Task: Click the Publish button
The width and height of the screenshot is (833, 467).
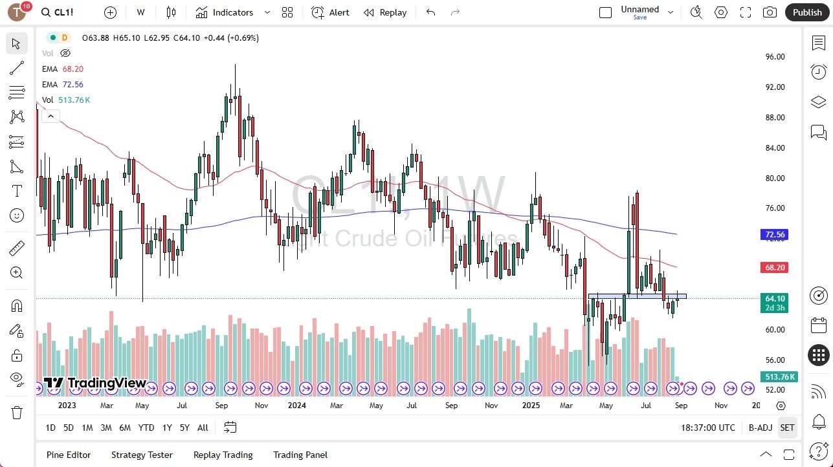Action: [x=806, y=12]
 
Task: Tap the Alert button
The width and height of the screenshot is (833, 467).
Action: [x=330, y=12]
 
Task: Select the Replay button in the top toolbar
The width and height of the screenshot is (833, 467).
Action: [x=385, y=12]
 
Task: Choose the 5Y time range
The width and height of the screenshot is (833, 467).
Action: [x=184, y=428]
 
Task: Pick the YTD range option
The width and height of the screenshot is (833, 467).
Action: [x=146, y=428]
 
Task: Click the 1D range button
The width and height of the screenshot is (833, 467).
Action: [x=50, y=428]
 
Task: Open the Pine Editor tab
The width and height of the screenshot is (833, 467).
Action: [x=69, y=455]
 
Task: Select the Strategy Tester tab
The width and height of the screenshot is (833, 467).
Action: [x=142, y=455]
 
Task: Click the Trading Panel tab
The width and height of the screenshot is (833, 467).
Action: [x=300, y=455]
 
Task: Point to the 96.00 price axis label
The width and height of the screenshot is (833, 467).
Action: [x=775, y=57]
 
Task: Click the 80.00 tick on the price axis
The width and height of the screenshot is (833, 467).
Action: [x=775, y=179]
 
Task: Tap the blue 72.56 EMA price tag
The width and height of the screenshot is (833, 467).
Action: [x=775, y=235]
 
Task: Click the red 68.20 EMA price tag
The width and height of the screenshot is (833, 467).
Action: [x=775, y=267]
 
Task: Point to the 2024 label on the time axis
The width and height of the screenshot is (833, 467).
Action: [x=296, y=406]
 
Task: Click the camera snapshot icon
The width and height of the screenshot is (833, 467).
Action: [x=770, y=12]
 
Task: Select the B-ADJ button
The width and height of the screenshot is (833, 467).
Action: [x=761, y=428]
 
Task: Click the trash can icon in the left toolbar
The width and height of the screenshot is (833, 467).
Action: [x=17, y=412]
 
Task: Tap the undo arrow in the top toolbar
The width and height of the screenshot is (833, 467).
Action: [x=431, y=12]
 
